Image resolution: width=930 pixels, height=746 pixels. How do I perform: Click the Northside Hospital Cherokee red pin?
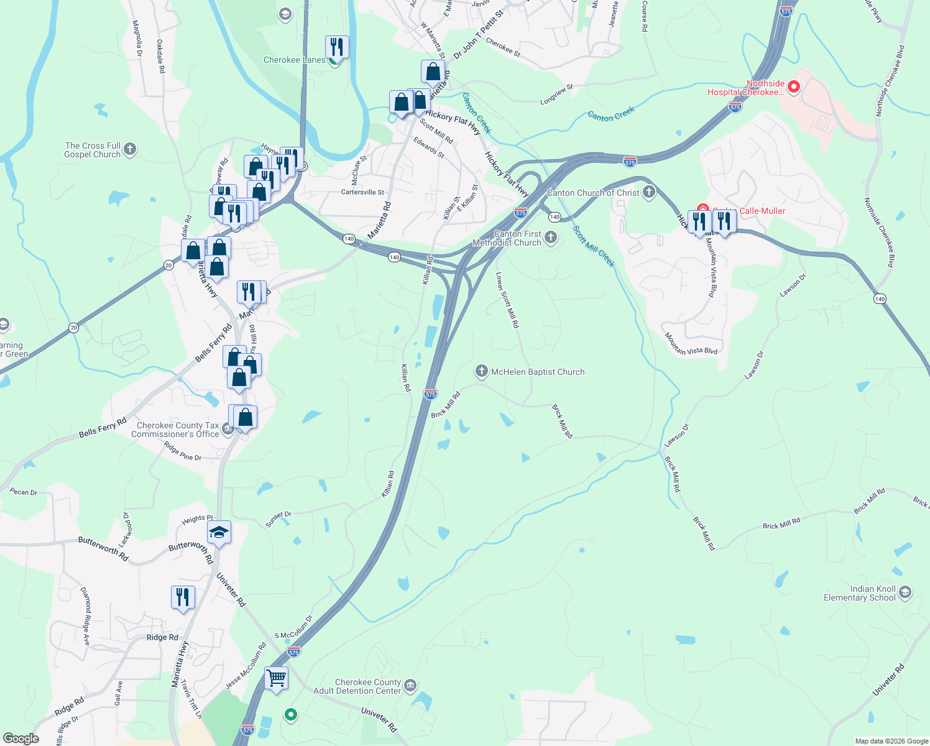click(793, 87)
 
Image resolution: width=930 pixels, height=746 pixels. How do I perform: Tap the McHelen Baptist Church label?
click(538, 372)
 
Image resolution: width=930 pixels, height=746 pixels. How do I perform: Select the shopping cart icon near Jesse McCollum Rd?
click(276, 677)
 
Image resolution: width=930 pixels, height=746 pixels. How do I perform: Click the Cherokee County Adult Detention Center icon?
click(410, 686)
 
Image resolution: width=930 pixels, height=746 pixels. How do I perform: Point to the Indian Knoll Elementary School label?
click(859, 593)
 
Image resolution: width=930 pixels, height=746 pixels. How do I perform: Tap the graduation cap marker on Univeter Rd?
click(219, 532)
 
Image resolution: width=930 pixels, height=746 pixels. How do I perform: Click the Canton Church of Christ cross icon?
click(649, 192)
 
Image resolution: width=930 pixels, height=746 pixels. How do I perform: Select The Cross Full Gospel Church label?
click(93, 150)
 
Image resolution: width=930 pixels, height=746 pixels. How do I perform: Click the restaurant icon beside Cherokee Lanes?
click(336, 47)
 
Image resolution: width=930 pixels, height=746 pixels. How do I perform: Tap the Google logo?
click(21, 738)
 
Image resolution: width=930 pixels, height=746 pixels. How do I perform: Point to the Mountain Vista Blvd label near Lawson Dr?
click(691, 344)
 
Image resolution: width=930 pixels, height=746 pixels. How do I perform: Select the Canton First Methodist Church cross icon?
click(551, 237)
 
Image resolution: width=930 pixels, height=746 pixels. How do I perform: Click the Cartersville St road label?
click(362, 192)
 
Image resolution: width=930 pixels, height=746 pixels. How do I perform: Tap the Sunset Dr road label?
click(279, 519)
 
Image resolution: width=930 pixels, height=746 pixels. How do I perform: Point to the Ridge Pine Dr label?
click(183, 451)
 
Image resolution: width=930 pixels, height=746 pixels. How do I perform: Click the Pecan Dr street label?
click(24, 492)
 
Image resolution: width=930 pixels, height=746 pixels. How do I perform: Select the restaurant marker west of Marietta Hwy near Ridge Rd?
click(183, 597)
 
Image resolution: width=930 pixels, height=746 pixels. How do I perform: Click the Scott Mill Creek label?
click(594, 246)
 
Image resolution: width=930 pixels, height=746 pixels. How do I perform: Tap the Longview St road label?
click(556, 95)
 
